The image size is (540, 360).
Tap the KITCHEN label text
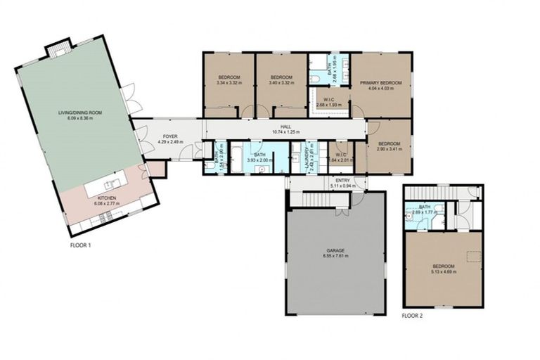[x=107, y=199]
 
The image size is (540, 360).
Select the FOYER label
[x=170, y=136]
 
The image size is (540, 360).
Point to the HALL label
[x=285, y=127]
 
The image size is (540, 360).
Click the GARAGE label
[x=335, y=250]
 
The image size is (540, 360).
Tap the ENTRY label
[x=342, y=181]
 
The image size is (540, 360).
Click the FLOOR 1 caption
[x=80, y=245]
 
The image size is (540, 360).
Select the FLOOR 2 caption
[x=413, y=316]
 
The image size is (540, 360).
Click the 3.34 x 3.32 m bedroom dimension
[x=229, y=83]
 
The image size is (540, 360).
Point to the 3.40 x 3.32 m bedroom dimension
[x=281, y=83]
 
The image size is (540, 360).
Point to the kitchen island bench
[x=112, y=188]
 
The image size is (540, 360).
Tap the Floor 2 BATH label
[x=424, y=207]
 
